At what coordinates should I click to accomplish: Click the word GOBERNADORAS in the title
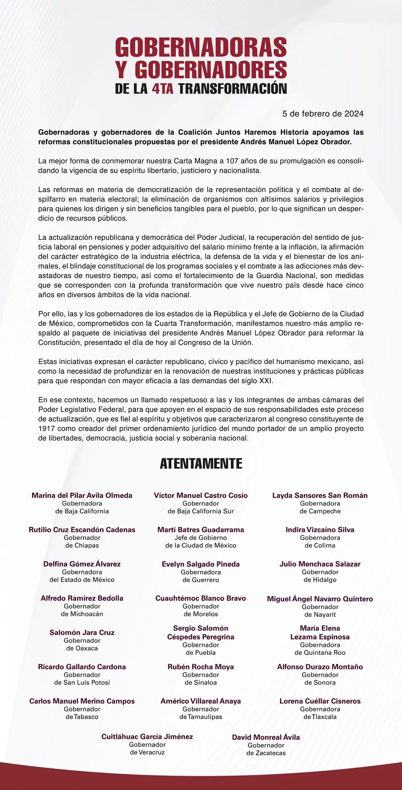[201, 48]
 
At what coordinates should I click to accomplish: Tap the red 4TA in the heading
[162, 89]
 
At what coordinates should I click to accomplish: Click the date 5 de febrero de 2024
[323, 114]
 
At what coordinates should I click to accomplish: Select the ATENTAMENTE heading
[201, 463]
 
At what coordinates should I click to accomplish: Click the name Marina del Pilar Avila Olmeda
[82, 495]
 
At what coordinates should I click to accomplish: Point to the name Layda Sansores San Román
[320, 495]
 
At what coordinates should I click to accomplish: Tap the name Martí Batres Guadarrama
[200, 530]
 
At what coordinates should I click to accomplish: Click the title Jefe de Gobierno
[200, 538]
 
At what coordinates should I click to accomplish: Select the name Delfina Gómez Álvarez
[82, 564]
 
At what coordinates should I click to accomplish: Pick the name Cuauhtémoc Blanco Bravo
[200, 598]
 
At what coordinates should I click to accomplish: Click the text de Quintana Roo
[320, 653]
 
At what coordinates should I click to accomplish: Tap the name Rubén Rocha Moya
[200, 667]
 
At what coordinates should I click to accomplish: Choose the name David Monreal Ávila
[266, 737]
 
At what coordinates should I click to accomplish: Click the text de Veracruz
[147, 752]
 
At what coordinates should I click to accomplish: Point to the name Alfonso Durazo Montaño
[320, 667]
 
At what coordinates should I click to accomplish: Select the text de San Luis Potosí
[82, 682]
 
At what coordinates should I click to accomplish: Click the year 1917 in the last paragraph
[46, 429]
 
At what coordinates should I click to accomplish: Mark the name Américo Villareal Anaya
[200, 701]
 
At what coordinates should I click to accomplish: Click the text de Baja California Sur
[200, 511]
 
